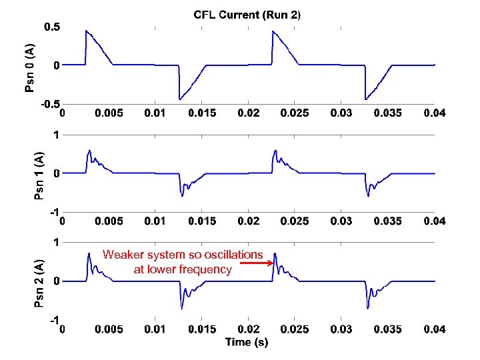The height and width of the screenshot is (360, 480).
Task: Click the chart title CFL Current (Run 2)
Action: pos(247,14)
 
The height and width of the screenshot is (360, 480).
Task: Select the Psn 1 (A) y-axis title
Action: pos(39,175)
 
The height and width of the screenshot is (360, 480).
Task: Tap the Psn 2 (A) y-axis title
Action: pos(39,283)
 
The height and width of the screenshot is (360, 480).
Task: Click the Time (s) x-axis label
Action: pos(247,342)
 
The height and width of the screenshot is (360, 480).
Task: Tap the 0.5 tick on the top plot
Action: pos(51,27)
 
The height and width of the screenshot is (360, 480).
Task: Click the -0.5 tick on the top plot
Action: pos(49,104)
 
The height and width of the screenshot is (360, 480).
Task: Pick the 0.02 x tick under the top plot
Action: pos(248,113)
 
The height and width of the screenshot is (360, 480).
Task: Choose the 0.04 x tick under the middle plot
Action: pos(435,221)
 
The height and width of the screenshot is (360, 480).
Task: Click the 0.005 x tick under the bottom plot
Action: pos(108,329)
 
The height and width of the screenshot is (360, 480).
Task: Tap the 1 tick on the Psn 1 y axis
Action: pos(57,135)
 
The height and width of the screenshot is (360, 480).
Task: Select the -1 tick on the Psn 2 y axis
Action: pos(54,321)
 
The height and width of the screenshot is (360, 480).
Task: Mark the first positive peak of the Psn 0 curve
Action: pos(86,31)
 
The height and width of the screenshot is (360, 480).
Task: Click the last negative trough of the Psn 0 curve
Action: pos(365,99)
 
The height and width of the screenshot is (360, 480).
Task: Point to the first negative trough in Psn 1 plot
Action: pos(182,195)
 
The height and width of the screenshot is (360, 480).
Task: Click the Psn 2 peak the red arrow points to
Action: pos(275,253)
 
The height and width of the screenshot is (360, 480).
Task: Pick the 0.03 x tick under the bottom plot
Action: pos(341,329)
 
